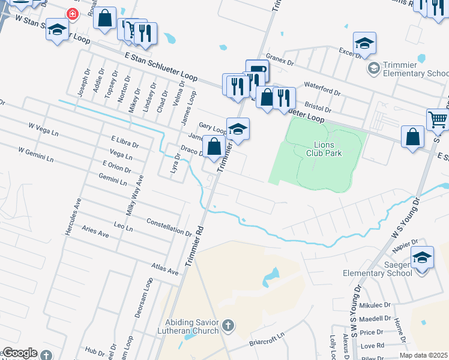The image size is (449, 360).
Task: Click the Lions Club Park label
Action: (x=328, y=149)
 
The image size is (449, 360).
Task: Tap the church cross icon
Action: (x=228, y=326)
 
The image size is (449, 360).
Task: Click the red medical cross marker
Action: (x=73, y=14)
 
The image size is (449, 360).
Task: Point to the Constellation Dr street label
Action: (x=169, y=226)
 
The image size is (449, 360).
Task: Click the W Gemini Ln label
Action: (x=36, y=155)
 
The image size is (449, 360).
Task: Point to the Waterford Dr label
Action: (x=322, y=89)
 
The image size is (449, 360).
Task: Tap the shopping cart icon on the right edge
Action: (x=438, y=119)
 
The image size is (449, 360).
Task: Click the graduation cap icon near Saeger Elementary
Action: (x=422, y=257)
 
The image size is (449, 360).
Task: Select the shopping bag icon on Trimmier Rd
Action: (x=214, y=146)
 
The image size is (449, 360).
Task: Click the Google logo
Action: (x=19, y=353)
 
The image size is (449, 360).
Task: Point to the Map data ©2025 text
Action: (x=423, y=355)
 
